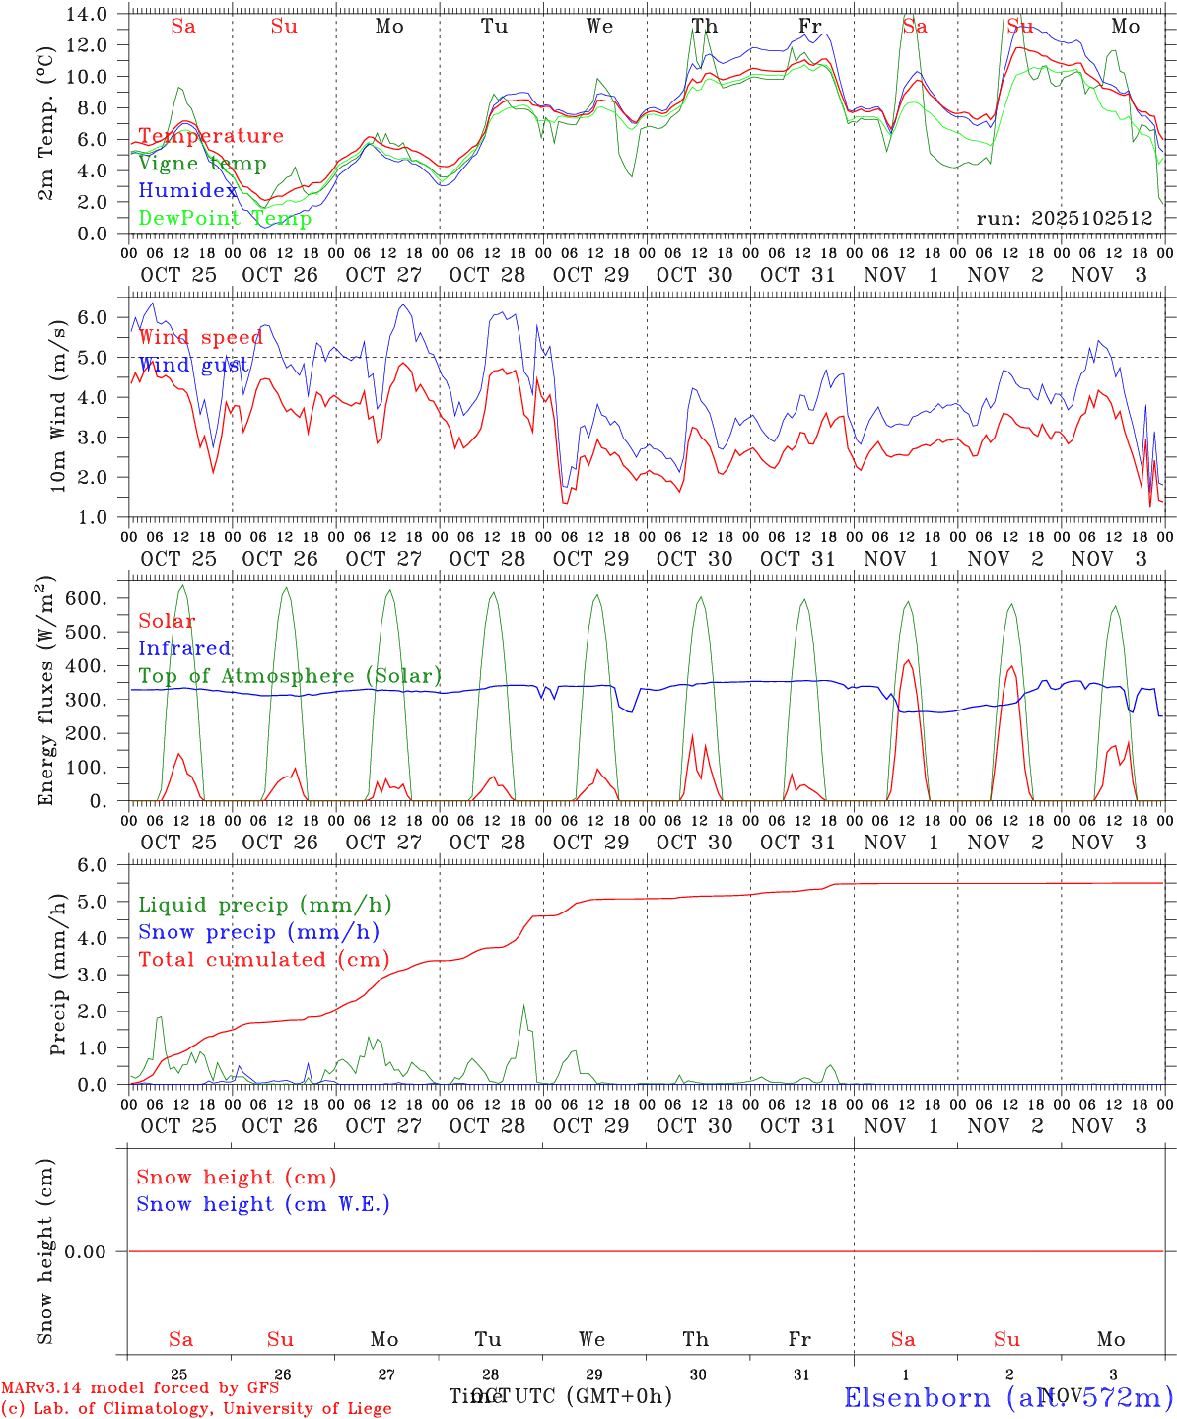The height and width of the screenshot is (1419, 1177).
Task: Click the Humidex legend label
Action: pos(187,191)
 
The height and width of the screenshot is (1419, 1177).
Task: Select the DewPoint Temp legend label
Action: pos(225,219)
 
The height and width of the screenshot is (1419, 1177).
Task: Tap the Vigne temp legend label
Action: pos(202,164)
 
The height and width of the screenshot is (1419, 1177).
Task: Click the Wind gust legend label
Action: pos(193,366)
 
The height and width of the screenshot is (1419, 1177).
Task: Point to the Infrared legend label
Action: pos(184,648)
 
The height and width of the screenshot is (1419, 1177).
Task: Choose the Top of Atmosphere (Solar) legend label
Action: pos(290,676)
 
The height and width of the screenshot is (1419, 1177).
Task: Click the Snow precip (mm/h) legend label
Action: pos(258,932)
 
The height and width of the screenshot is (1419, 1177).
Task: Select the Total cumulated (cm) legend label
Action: pos(263,960)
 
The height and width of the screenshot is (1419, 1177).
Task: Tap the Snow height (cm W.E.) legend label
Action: pos(263,1204)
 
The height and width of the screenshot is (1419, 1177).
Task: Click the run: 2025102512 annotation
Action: pos(1065,219)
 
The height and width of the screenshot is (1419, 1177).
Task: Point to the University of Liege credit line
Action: pos(196,1409)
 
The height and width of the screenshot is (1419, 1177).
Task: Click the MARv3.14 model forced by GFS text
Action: pos(140,1388)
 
